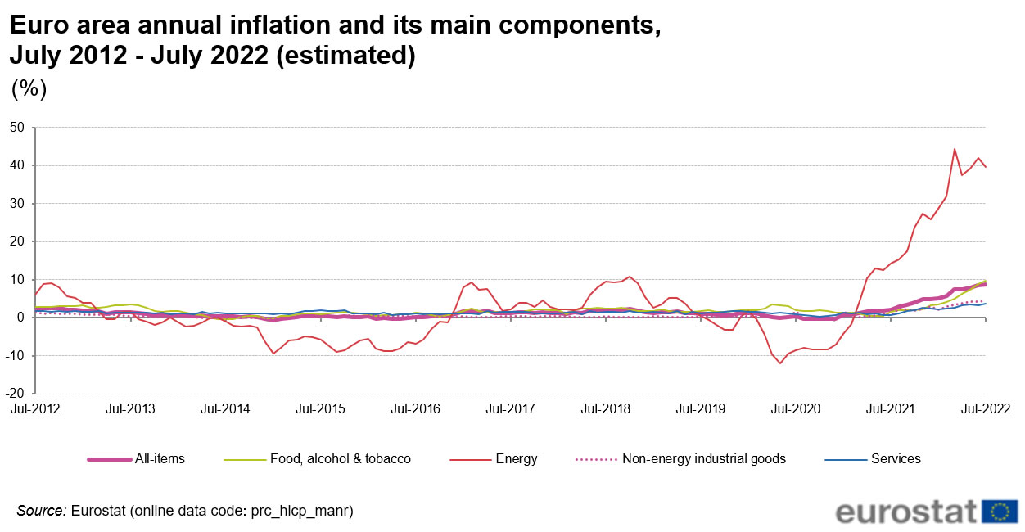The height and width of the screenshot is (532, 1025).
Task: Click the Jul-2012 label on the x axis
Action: tap(34, 408)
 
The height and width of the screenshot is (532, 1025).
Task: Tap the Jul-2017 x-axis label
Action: tap(510, 408)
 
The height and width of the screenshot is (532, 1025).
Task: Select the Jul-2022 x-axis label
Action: tap(985, 408)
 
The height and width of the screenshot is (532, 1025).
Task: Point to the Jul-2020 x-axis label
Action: tap(795, 408)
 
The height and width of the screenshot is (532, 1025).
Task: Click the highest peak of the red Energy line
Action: tap(955, 149)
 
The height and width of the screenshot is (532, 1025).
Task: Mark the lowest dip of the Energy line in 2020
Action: tap(780, 363)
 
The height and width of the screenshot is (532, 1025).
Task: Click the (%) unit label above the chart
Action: tap(29, 88)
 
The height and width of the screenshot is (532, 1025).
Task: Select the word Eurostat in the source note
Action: tap(97, 511)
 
